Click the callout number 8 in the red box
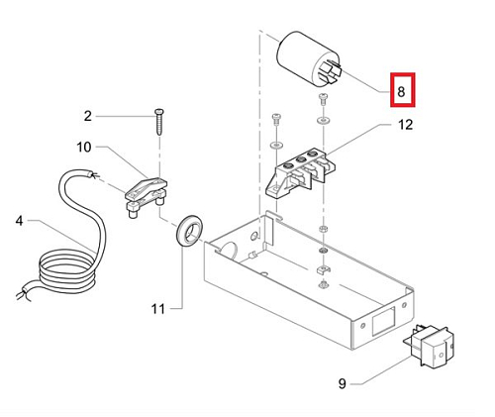(401, 91)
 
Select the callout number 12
(405, 125)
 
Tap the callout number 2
(87, 116)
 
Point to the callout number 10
(84, 147)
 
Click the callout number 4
(20, 220)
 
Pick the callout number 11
(157, 309)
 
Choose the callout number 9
(343, 383)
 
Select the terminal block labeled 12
(300, 174)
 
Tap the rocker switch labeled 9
(429, 346)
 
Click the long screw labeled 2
(159, 122)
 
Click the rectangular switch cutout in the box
(383, 321)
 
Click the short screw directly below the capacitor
(323, 99)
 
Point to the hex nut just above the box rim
(323, 228)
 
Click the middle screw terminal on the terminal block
(300, 160)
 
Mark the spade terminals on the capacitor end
(330, 72)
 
